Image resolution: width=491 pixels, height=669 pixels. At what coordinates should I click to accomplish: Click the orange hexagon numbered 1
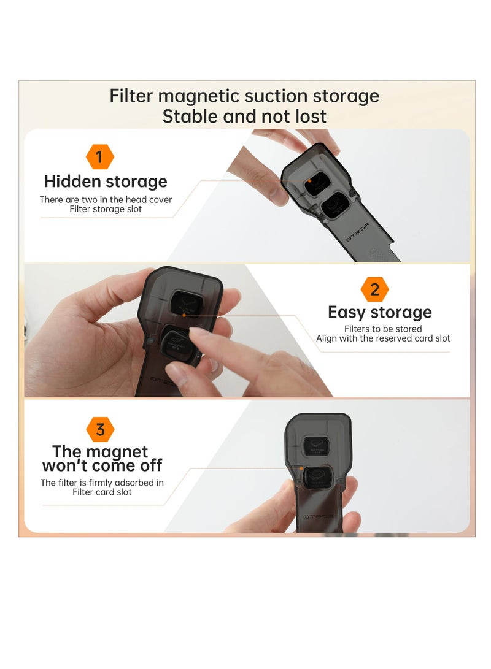100,157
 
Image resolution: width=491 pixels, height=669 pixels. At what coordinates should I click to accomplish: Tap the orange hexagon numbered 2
374,289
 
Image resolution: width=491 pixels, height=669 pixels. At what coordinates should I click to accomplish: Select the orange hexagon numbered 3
100,430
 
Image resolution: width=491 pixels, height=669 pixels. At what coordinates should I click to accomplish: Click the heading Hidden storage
106,182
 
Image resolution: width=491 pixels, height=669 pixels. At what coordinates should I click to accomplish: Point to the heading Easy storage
380,312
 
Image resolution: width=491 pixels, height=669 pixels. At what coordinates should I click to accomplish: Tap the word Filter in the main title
131,96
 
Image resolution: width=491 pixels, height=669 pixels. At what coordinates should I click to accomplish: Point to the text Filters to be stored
383,329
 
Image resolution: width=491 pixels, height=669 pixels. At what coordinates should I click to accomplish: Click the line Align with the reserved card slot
383,338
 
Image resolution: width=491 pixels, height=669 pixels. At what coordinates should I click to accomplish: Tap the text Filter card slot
102,492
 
